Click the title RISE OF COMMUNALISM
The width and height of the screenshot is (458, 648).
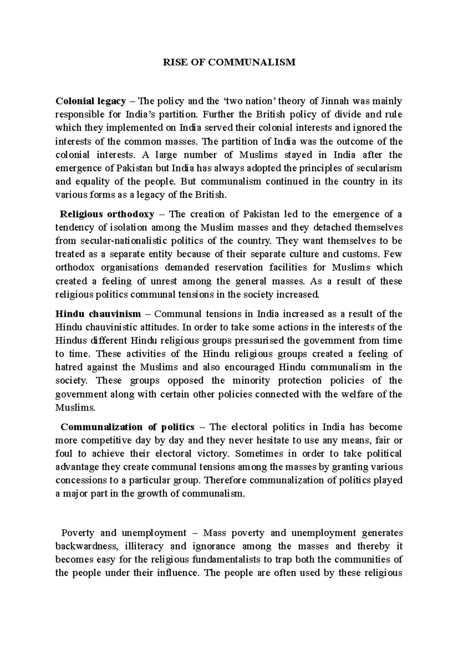click(229, 63)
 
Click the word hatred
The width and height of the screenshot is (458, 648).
click(69, 367)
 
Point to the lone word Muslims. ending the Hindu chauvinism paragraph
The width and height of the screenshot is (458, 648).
click(75, 408)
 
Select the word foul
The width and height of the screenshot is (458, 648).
click(63, 454)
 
